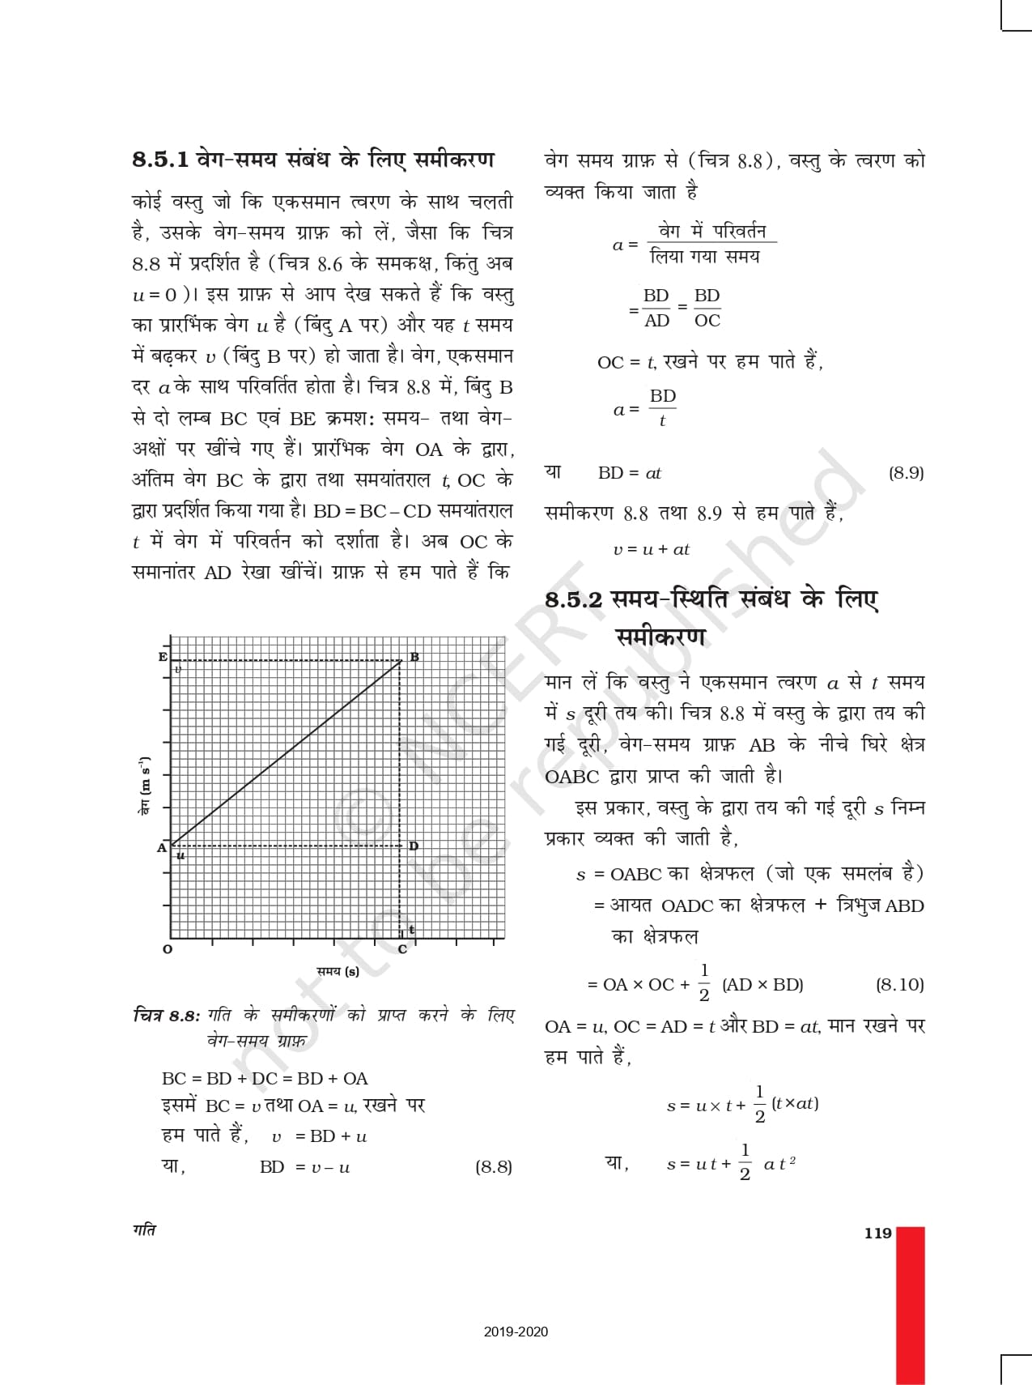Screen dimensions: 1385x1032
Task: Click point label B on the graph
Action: coord(414,657)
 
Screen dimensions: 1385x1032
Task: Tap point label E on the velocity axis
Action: coord(163,657)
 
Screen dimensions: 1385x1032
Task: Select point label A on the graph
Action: coord(162,847)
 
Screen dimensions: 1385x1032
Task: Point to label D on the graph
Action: coord(414,846)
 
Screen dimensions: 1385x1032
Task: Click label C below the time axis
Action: coord(402,949)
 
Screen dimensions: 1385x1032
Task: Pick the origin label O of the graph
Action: coord(168,949)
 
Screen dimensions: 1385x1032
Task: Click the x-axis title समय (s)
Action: coord(338,971)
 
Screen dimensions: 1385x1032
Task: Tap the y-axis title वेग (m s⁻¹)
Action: coord(144,785)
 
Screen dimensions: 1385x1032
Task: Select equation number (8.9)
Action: coord(906,473)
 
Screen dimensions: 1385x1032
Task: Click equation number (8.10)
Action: coord(899,985)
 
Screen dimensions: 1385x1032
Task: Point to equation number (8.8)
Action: coord(494,1167)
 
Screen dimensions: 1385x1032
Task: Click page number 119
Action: coord(877,1234)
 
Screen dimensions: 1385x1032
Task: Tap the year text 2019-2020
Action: coord(516,1332)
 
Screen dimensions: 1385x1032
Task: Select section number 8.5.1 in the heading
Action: coord(160,160)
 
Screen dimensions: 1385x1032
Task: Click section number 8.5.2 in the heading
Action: coord(573,600)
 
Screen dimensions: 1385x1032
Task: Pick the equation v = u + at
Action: coord(651,549)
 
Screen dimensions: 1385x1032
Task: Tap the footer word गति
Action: coord(144,1230)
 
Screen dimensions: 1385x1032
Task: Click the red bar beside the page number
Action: coord(911,1304)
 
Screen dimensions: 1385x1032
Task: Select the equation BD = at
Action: coord(630,473)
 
